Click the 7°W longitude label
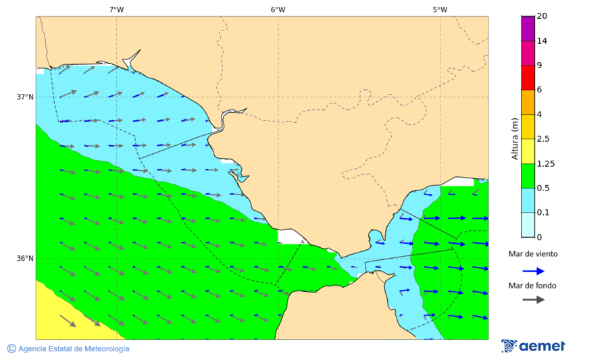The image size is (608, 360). [x=116, y=9]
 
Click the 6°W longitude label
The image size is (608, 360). [x=278, y=9]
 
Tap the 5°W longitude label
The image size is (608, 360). [x=440, y=9]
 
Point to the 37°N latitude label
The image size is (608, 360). [x=25, y=97]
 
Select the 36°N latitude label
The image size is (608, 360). [x=25, y=258]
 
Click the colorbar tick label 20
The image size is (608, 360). [x=541, y=16]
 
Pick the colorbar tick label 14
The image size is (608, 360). [x=541, y=41]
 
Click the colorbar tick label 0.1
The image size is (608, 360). [x=543, y=212]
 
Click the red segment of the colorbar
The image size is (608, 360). [x=528, y=77]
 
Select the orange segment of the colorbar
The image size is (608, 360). [x=528, y=102]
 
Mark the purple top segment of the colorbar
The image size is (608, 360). [x=528, y=28]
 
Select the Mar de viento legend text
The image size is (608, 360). [x=533, y=254]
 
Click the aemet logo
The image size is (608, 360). [x=533, y=346]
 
